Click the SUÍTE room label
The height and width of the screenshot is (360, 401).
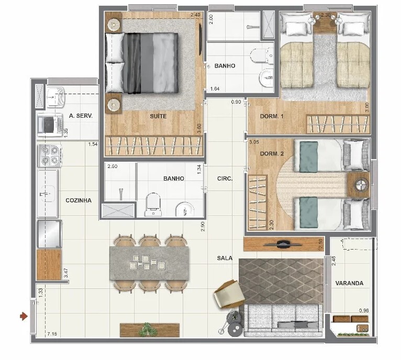pos(158,116)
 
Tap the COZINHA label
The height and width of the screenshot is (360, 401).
pos(79,200)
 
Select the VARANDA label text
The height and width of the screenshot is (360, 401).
pos(349,283)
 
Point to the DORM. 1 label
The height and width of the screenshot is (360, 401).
pos(272,116)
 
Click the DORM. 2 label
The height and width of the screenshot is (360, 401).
pos(272,154)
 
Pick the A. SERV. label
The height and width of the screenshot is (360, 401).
pos(81,116)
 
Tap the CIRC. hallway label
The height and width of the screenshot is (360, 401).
pos(225,179)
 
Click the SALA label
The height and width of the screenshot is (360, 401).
pos(225,258)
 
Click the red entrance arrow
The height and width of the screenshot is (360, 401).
pos(24,316)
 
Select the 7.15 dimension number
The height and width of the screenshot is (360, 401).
pos(52,334)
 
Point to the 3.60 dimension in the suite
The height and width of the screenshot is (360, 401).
pos(199,128)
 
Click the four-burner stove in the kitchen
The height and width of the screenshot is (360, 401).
pos(50,155)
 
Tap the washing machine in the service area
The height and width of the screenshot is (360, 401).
pos(50,125)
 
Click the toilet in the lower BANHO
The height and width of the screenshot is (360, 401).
pos(153,204)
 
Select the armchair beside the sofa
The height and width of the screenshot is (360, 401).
pos(229,293)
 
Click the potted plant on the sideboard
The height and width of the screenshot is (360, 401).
pos(148,329)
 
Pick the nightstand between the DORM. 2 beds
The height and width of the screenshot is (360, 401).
pos(358,184)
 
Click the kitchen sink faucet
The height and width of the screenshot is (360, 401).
pos(44,194)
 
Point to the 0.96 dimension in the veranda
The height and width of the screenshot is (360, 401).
pos(364,311)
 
